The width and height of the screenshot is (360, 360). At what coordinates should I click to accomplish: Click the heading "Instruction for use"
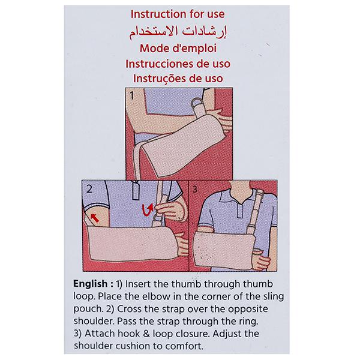click(178, 14)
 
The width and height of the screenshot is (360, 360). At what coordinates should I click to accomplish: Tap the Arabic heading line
click(178, 32)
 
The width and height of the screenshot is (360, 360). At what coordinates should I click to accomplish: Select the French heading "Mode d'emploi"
click(178, 49)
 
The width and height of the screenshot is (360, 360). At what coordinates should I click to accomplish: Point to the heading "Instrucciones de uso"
click(178, 64)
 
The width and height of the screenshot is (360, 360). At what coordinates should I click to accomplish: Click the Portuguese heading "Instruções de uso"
click(178, 79)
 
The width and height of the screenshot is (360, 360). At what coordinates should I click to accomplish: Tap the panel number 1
click(131, 95)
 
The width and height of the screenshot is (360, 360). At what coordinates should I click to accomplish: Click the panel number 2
click(89, 189)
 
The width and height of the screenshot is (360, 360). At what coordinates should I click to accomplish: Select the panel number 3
click(194, 189)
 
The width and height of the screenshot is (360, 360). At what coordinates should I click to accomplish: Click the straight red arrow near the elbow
click(95, 218)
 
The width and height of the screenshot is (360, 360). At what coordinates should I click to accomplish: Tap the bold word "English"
click(90, 284)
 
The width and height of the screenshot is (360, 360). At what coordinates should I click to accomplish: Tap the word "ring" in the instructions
click(248, 322)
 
